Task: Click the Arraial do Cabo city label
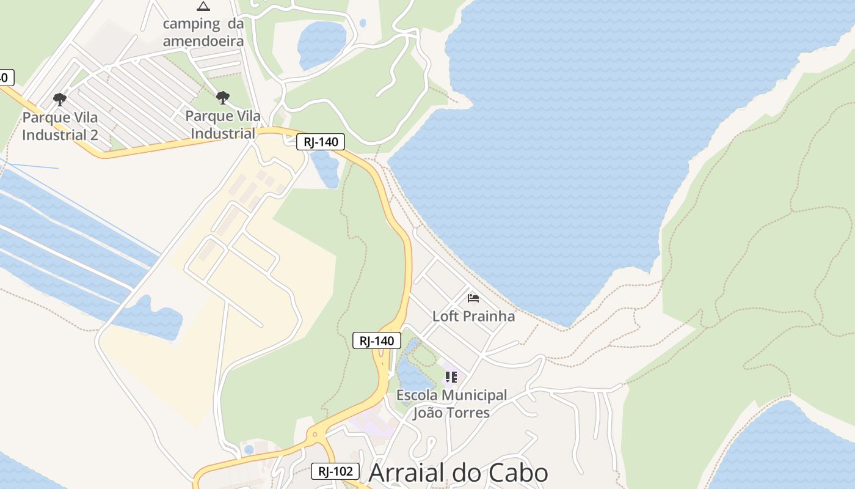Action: point(458,472)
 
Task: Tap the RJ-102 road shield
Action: point(335,471)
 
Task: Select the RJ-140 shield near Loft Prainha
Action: point(377,340)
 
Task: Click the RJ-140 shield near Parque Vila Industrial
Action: point(321,142)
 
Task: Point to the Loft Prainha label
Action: point(473,316)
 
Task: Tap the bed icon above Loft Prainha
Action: point(473,298)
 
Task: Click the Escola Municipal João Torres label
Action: point(451,403)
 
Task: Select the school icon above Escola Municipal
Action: point(451,377)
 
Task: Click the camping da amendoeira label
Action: point(203,32)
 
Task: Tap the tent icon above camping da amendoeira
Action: point(203,7)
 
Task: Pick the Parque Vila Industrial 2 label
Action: point(60,126)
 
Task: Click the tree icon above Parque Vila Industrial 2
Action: point(59,99)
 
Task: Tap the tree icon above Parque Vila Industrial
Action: point(223,97)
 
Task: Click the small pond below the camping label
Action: point(321,44)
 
